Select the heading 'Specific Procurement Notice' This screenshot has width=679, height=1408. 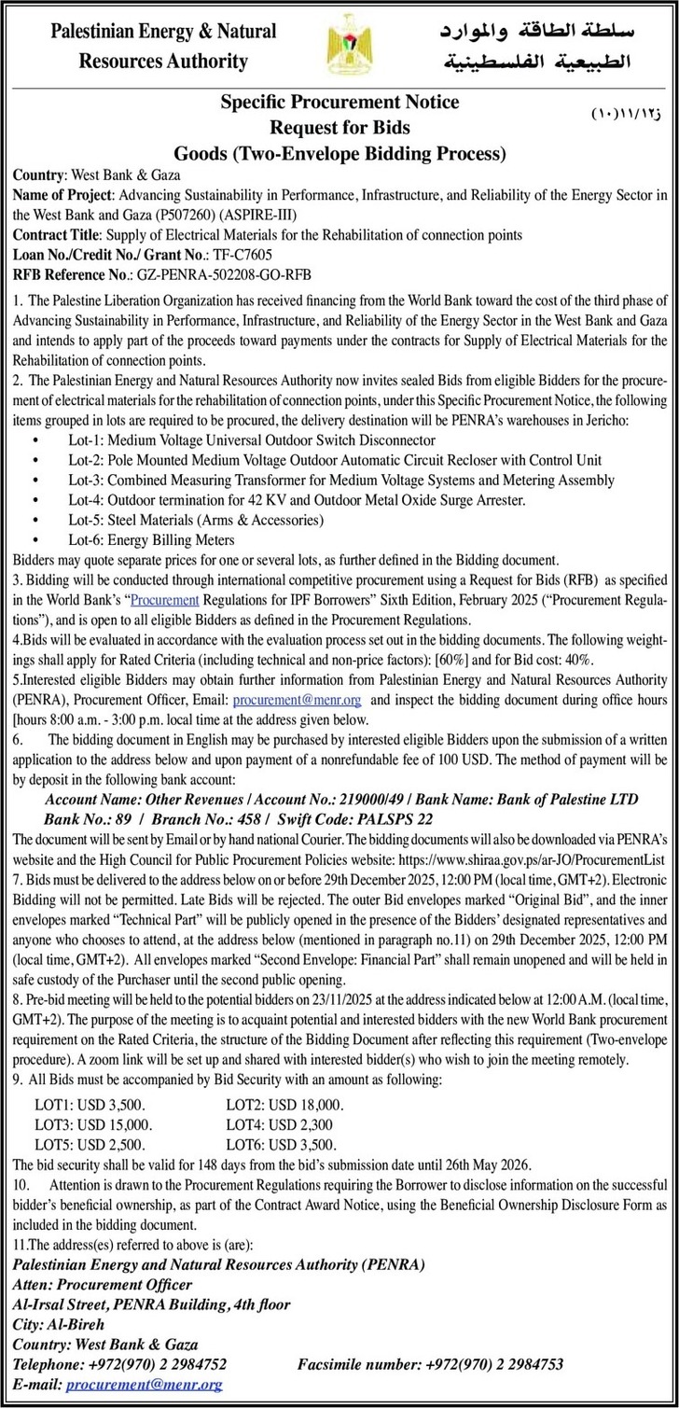click(x=339, y=104)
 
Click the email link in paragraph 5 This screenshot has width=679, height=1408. click(x=297, y=699)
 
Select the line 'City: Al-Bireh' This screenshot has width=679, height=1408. click(x=59, y=1323)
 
